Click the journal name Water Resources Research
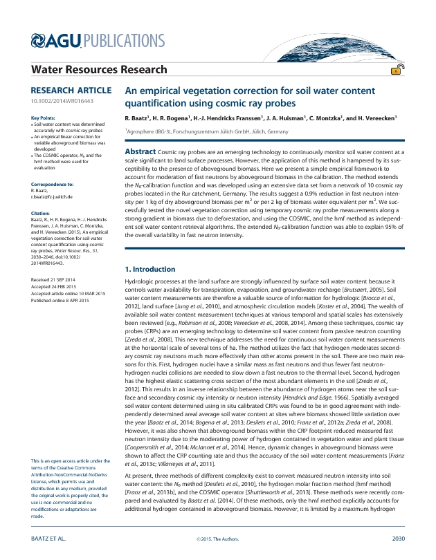pos(100,69)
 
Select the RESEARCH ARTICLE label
pos(71,91)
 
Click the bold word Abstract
pos(140,151)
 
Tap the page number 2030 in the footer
pos(398,538)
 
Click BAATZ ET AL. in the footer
pos(49,538)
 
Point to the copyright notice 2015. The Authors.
pos(217,538)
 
